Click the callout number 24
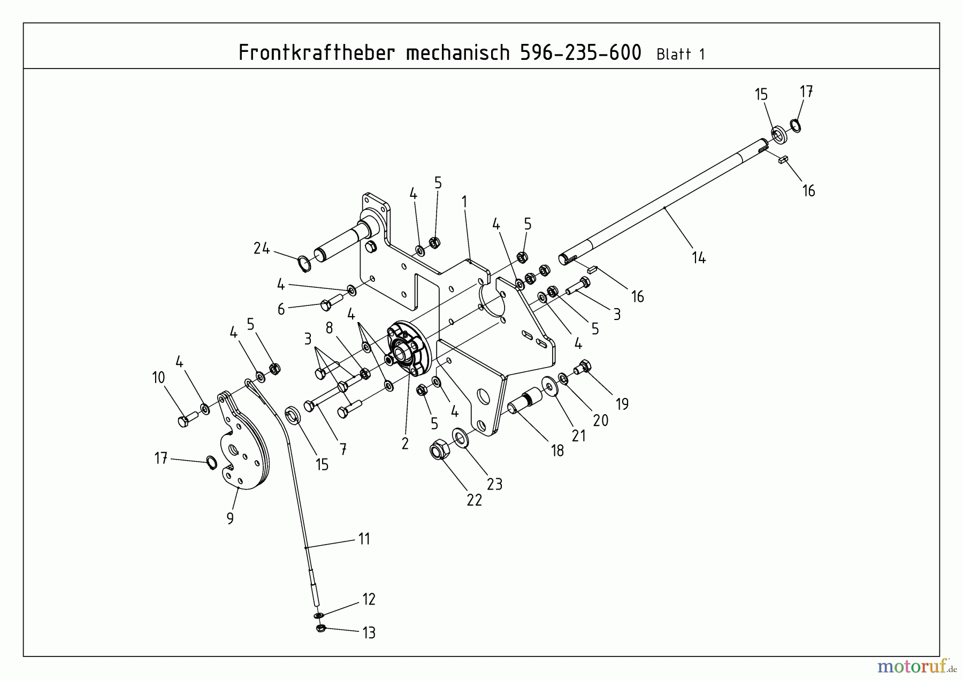(261, 248)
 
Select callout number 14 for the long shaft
(698, 258)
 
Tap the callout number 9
(230, 518)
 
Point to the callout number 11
(364, 539)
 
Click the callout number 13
(369, 633)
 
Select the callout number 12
(369, 599)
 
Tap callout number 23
(494, 484)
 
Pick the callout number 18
(557, 451)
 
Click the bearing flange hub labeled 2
(408, 348)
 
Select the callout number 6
(281, 309)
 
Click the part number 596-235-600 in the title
(580, 53)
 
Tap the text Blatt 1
(680, 55)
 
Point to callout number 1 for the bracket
(464, 202)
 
